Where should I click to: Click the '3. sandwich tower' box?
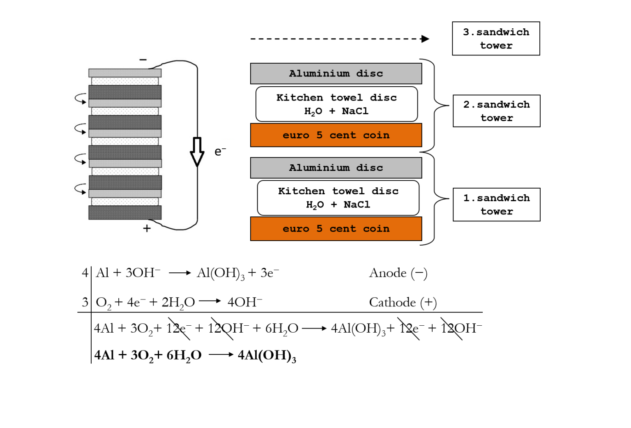point(495,39)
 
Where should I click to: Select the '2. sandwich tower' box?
point(496,111)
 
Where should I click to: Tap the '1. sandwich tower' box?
point(496,205)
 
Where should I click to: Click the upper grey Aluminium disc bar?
point(336,74)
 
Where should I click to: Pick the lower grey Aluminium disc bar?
point(336,168)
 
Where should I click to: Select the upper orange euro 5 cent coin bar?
point(336,135)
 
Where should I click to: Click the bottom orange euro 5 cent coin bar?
point(336,229)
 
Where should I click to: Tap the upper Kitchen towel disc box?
point(336,104)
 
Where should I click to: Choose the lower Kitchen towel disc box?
point(338,198)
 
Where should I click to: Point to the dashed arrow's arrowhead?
point(425,39)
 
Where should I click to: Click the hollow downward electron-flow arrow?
point(197,152)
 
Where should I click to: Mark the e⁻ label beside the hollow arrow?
point(220,152)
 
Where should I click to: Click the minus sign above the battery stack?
point(143,60)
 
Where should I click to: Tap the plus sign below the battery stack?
point(147,228)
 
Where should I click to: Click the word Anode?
point(387,273)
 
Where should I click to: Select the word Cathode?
point(392,302)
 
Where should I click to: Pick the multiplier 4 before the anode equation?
point(85,273)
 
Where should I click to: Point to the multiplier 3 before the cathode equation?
point(85,302)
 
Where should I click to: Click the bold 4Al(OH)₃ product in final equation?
point(267,355)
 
